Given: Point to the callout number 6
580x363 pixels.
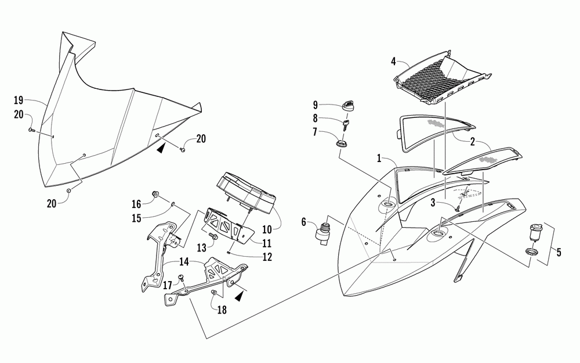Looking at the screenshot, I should (x=303, y=221).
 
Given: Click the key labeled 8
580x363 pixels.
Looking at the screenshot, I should (x=347, y=126).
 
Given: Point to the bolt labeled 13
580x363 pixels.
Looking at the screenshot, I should (x=214, y=238).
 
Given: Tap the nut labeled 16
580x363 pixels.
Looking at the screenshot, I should (x=155, y=194).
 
